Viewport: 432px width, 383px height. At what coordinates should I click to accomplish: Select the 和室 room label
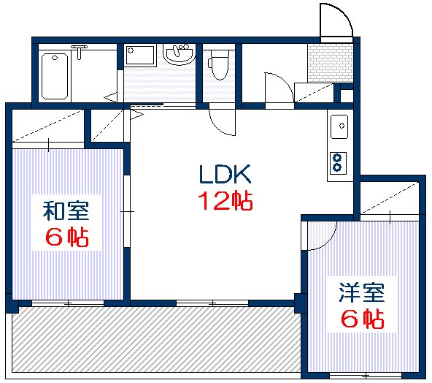coord(66,212)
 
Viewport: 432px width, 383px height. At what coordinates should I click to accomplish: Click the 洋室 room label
coord(360,293)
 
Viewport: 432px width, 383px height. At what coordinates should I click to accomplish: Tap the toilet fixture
coord(217,65)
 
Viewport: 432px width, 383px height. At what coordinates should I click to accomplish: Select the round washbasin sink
coord(177,54)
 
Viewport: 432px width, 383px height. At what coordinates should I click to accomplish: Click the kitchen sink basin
coord(339,126)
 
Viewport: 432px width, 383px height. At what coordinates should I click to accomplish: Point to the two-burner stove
coord(338,162)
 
